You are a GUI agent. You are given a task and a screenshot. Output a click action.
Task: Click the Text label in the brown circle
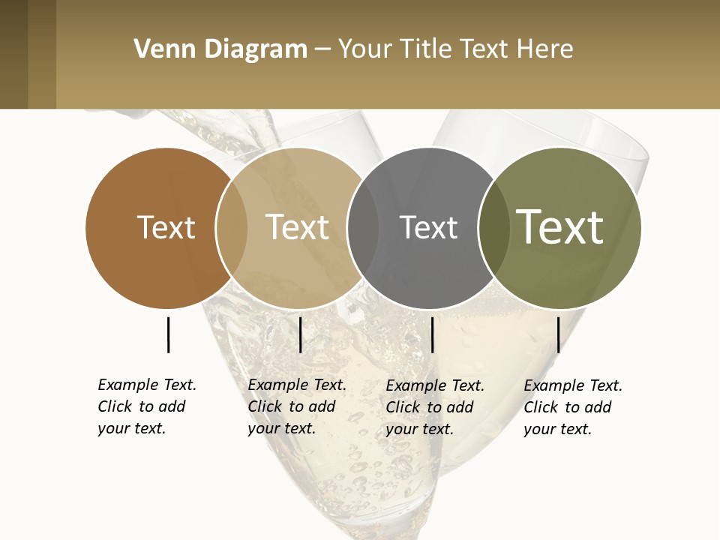point(166,227)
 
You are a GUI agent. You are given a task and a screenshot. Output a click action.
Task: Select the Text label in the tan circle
point(297,227)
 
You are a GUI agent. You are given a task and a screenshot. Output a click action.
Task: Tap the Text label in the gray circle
point(428,227)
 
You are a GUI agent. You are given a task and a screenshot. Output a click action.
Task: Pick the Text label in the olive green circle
point(560,227)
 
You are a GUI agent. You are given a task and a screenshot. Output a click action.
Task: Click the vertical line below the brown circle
point(168,334)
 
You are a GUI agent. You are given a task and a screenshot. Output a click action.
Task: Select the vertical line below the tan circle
point(300,334)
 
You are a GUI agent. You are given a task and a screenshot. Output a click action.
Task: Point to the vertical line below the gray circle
point(432,334)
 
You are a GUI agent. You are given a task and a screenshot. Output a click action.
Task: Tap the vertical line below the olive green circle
point(558,334)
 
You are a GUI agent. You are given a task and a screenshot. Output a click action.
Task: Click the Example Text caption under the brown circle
point(147,406)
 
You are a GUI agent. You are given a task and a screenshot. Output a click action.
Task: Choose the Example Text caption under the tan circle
point(297,406)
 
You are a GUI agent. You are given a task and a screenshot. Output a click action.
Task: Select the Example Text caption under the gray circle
point(435,407)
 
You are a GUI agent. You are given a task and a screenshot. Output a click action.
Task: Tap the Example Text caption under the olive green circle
point(573,407)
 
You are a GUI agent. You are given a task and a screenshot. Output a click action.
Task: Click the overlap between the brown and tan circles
point(232,228)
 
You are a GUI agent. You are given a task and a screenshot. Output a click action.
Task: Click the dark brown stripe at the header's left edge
point(13,54)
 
